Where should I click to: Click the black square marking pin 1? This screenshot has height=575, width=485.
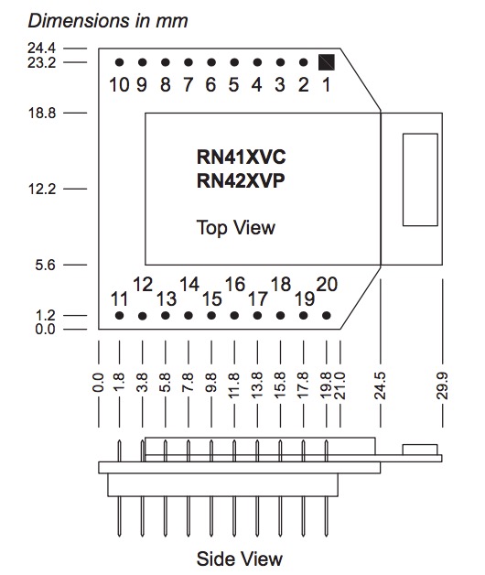[x=327, y=62]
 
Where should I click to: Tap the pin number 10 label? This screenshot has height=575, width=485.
[x=119, y=86]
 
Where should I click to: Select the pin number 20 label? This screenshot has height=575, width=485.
[x=328, y=284]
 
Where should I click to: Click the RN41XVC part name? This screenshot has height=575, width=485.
[x=241, y=157]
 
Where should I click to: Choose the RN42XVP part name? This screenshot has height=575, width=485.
[x=241, y=180]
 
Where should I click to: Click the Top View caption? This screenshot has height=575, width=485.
[x=236, y=227]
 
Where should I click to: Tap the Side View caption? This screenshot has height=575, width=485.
[x=240, y=558]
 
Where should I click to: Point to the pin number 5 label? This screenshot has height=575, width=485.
[x=234, y=86]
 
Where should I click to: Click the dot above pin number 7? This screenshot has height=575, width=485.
[x=189, y=62]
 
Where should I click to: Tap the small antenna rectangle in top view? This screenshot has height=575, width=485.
[x=419, y=179]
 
